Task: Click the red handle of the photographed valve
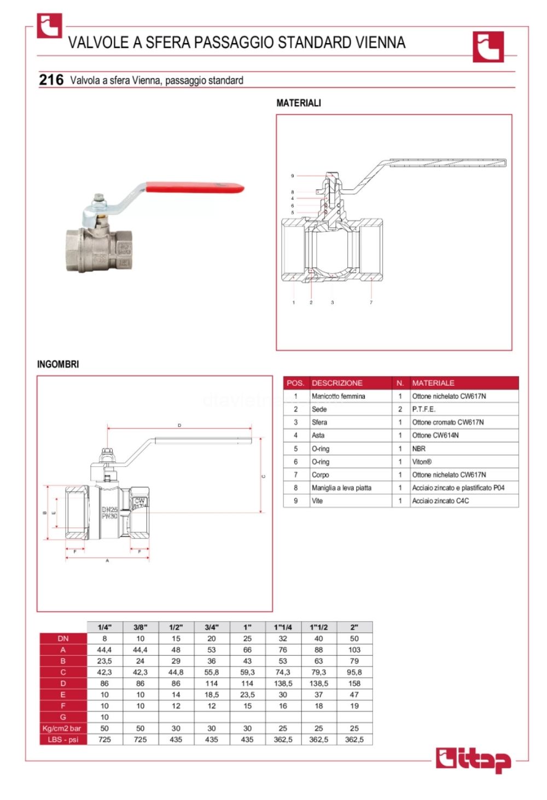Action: click(x=197, y=188)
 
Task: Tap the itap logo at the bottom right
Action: click(x=473, y=760)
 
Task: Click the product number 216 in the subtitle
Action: click(x=51, y=80)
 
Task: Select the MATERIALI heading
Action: click(x=299, y=103)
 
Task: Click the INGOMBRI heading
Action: click(x=58, y=364)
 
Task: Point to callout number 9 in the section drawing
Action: click(x=293, y=176)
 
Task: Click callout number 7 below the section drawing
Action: click(x=371, y=302)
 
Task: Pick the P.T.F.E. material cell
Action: click(x=424, y=409)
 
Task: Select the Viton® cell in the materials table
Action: click(x=422, y=462)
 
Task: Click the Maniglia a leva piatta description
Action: click(x=341, y=488)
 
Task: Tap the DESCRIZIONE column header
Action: click(x=337, y=383)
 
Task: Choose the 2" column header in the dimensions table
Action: click(x=354, y=627)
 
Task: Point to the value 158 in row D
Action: click(x=354, y=683)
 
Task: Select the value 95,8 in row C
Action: click(x=354, y=672)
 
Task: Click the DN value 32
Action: click(x=283, y=639)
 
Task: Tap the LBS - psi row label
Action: click(x=63, y=739)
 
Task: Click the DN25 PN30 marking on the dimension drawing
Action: click(x=109, y=513)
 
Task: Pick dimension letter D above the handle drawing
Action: click(x=179, y=425)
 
